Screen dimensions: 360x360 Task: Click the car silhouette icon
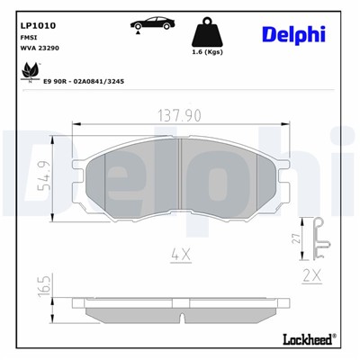click(149, 22)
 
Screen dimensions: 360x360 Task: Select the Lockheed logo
click(310, 339)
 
